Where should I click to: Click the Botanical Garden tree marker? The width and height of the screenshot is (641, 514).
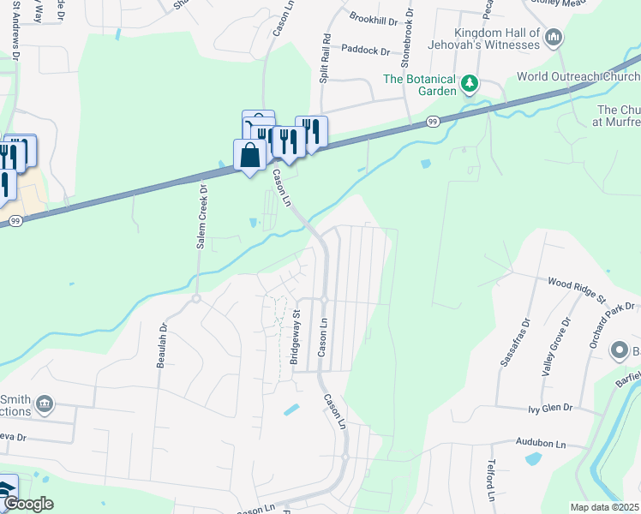coord(469,84)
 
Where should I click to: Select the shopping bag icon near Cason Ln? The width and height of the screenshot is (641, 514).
coord(249,156)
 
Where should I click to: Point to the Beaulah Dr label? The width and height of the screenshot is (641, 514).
coord(161,345)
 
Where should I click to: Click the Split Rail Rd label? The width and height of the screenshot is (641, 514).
coord(326,58)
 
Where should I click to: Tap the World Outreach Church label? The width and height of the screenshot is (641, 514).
coord(578,77)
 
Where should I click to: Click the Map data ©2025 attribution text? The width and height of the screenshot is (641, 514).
coord(604,507)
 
